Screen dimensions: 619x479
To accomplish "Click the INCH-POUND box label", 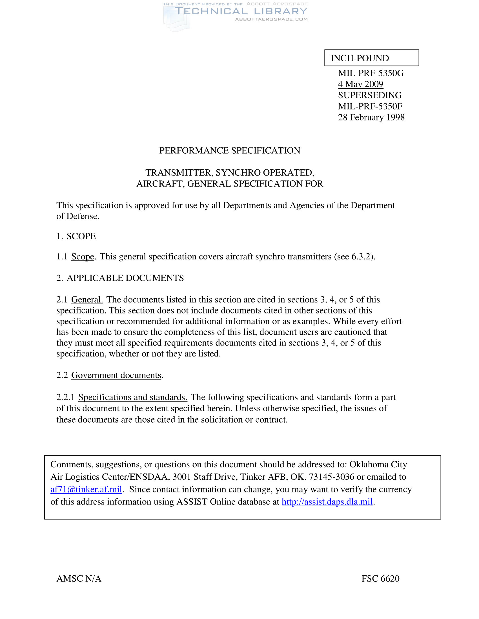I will coord(360,59).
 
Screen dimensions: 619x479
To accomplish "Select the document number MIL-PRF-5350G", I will coord(371,73).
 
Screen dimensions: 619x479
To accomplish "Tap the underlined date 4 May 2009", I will coord(360,84).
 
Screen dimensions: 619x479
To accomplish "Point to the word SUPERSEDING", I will coord(370,95).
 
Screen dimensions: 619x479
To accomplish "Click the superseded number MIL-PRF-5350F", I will coord(370,106).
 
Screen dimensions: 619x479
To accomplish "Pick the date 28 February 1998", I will coord(371,117).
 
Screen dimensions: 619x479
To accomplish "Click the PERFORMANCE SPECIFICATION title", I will coord(230,151).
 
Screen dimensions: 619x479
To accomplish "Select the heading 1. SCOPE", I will coord(76,236).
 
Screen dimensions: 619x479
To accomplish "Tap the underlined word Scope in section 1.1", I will coord(83,257).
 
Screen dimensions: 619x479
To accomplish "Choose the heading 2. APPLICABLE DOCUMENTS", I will coord(120,278).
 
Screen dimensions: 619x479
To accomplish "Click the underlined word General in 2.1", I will coord(87,300).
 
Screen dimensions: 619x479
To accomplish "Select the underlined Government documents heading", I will coord(116,375).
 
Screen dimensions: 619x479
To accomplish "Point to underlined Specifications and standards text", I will coord(132,397).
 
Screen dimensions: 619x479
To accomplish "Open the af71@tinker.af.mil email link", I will coord(86,490).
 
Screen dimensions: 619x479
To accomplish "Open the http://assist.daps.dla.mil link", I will coord(327,502).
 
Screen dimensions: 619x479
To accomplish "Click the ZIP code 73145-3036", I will coord(331,477).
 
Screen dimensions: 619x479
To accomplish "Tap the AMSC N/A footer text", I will coord(79,578).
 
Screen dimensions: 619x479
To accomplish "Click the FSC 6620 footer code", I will coord(380,578).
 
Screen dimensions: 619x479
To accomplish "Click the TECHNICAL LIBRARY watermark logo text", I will coord(241,11).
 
